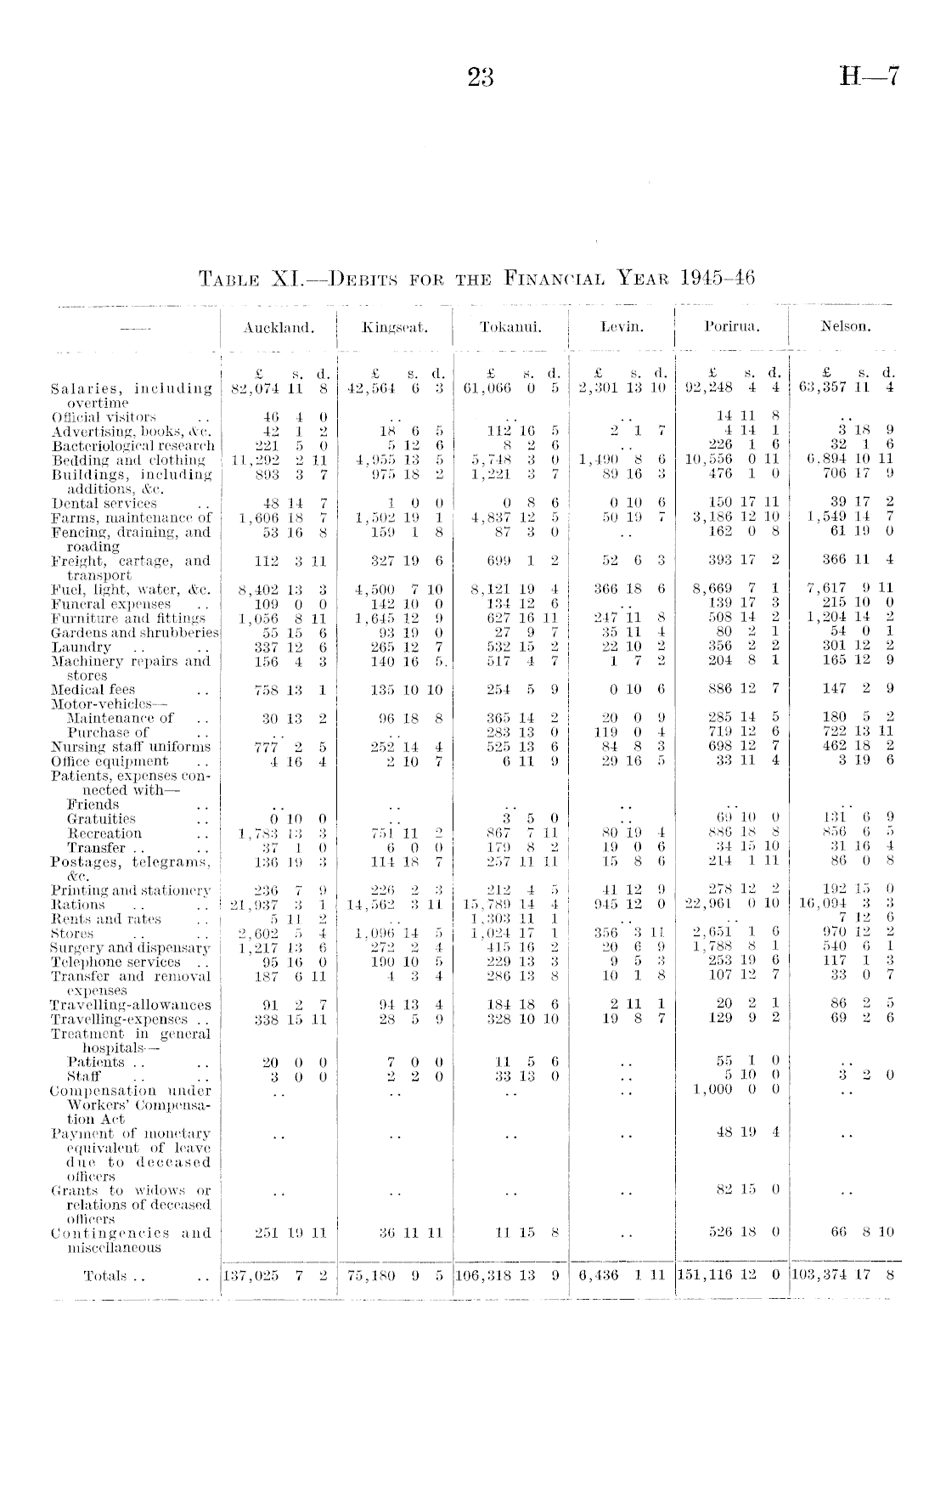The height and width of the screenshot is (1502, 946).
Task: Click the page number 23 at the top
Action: [x=480, y=78]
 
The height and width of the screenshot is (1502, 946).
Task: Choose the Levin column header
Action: [x=622, y=325]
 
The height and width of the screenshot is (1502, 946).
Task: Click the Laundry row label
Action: [x=82, y=647]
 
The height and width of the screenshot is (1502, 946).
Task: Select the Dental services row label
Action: [x=104, y=503]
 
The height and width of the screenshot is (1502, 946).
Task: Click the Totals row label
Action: [x=104, y=1275]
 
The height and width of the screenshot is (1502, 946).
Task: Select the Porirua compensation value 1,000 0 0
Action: [x=736, y=1090]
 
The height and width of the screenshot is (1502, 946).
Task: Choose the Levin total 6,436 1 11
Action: [x=622, y=1275]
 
